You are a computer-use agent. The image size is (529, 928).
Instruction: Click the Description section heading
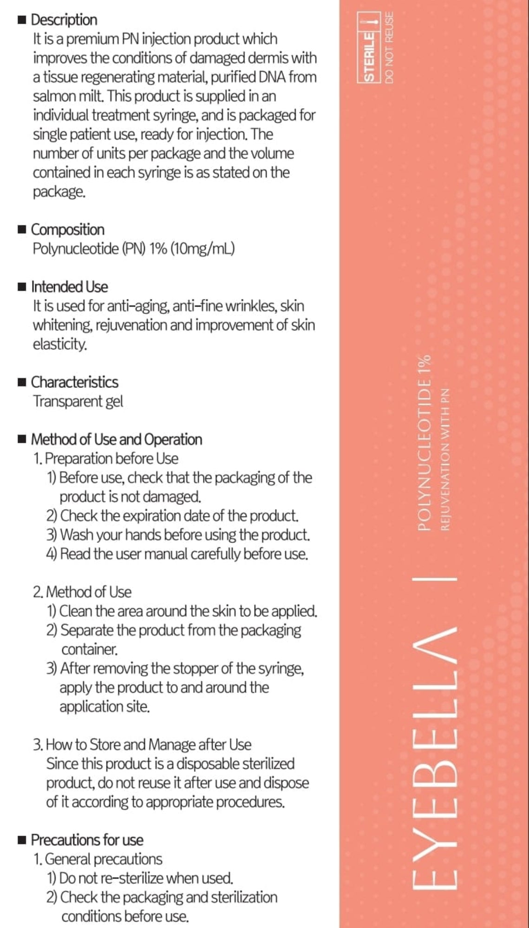(x=64, y=20)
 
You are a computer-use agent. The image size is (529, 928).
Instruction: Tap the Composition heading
(x=67, y=229)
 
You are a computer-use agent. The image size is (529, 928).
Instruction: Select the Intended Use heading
(x=69, y=287)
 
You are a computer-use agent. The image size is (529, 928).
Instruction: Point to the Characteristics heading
(x=74, y=382)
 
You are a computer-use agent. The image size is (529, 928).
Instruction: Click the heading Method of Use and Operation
(x=116, y=439)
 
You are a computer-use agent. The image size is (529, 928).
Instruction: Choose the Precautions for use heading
(x=87, y=840)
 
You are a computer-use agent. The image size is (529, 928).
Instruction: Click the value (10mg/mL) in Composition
(x=202, y=249)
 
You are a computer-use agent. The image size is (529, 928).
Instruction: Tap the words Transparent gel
(x=78, y=401)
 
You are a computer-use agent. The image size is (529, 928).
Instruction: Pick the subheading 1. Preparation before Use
(x=106, y=458)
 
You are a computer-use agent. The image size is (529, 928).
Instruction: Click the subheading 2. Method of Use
(x=82, y=592)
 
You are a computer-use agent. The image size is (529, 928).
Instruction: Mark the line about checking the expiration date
(x=172, y=516)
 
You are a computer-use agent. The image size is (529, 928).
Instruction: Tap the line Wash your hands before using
(x=178, y=535)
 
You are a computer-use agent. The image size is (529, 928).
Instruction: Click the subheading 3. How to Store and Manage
(x=142, y=745)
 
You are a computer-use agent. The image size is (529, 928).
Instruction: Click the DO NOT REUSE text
(x=389, y=47)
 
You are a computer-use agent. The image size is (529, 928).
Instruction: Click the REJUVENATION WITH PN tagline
(x=445, y=459)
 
